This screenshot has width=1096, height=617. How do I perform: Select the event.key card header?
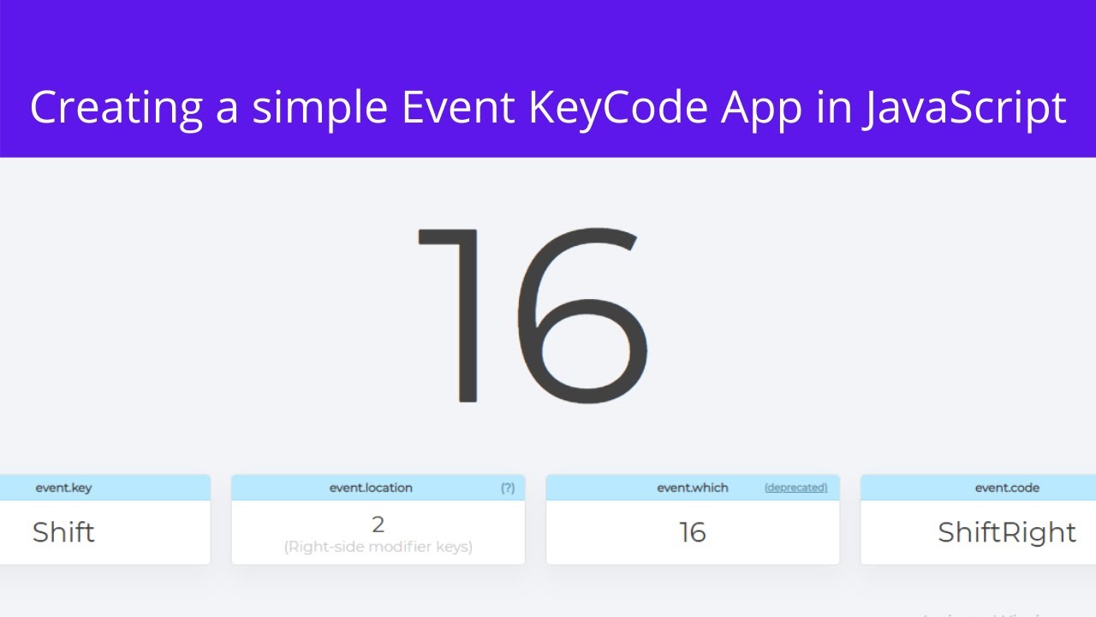(x=63, y=488)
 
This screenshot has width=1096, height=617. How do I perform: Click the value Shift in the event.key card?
(x=63, y=532)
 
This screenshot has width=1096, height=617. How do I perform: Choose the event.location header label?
(x=371, y=488)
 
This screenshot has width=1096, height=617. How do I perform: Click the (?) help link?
(x=508, y=488)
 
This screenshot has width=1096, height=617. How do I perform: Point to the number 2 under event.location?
(x=378, y=524)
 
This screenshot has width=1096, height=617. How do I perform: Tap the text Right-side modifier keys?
(x=378, y=547)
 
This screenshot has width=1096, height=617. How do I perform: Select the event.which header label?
(x=693, y=488)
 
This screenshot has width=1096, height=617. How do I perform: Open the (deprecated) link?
(x=795, y=488)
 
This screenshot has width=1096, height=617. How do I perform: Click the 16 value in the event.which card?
(x=693, y=532)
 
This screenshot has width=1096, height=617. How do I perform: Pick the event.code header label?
(x=1007, y=488)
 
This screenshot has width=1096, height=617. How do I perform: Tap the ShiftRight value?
(x=1007, y=532)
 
